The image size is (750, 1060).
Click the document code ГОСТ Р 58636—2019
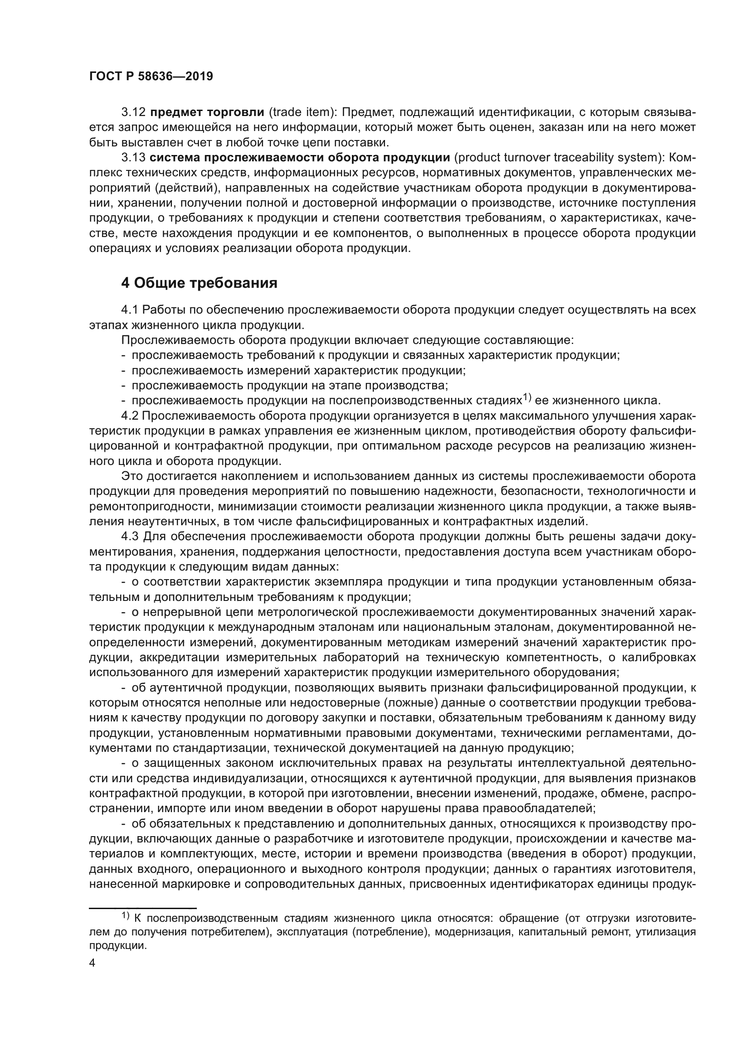pyautogui.click(x=151, y=76)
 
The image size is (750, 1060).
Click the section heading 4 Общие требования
pyautogui.click(x=199, y=282)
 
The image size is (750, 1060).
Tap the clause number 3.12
pyautogui.click(x=133, y=112)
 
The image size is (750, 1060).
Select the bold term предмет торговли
pyautogui.click(x=207, y=112)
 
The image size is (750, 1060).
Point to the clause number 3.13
pyautogui.click(x=133, y=157)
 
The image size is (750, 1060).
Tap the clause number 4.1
pyautogui.click(x=131, y=310)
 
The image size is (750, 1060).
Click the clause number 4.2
pyautogui.click(x=131, y=416)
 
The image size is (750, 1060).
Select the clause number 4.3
pyautogui.click(x=131, y=537)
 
